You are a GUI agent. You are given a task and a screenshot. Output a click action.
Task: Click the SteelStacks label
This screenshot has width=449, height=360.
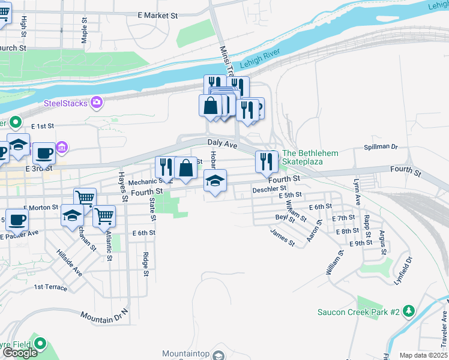coord(65,103)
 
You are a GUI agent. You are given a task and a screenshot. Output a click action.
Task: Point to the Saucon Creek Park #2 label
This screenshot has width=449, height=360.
coord(358,311)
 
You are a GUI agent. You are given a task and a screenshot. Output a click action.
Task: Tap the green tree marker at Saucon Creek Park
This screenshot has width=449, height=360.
coord(409,311)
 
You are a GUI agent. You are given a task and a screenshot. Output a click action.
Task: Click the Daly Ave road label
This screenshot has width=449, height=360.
coord(223,143)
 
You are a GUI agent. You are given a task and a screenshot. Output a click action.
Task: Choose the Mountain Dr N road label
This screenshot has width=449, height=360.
coord(104,314)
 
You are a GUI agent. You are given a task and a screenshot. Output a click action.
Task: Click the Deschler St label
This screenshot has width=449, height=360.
coord(270,190)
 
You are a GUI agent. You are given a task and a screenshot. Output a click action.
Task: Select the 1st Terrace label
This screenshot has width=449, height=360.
coord(50,287)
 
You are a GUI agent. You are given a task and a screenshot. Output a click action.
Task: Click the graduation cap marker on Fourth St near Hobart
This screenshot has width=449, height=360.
coord(215,181)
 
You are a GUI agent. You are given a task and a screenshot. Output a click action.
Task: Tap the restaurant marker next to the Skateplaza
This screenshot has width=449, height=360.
coord(265,161)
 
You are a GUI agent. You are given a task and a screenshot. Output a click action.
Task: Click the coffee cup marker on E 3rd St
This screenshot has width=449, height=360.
coord(44,153)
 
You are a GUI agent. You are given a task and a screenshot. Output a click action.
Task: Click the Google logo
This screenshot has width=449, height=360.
coord(20,353)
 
